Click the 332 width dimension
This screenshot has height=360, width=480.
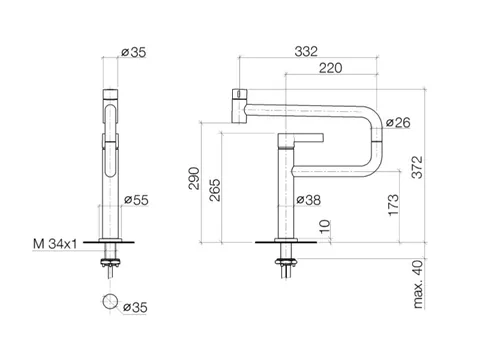tap(306, 51)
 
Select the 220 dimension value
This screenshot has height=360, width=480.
tap(330, 68)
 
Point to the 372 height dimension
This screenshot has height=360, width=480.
tap(417, 167)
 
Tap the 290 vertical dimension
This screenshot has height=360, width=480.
tap(194, 178)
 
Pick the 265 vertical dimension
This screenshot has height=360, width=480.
tap(215, 190)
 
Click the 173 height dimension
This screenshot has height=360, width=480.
tap(393, 205)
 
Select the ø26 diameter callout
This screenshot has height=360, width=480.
tap(398, 123)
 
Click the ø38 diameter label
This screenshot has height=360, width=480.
tap(309, 200)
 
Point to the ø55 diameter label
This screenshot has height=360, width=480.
tap(136, 200)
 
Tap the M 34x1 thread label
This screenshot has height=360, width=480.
tap(55, 244)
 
